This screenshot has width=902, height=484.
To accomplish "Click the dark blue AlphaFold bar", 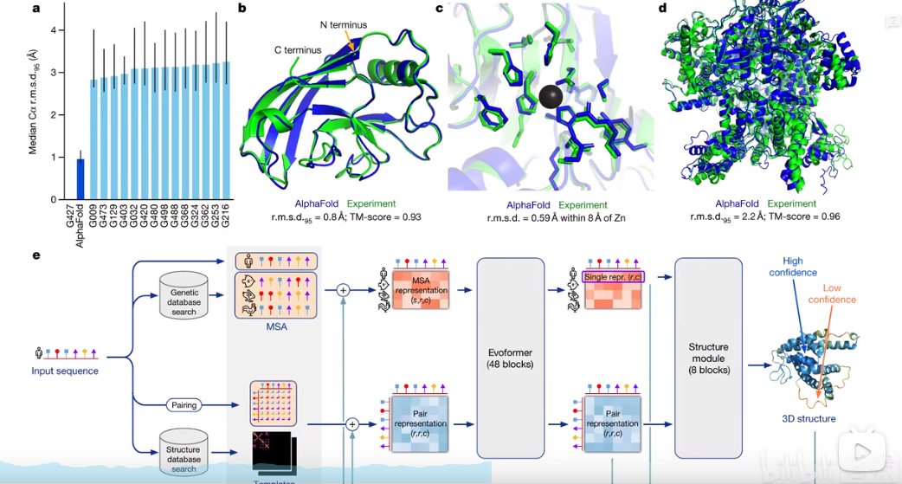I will [x=81, y=178].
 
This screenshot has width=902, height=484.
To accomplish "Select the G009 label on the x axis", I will [x=93, y=216].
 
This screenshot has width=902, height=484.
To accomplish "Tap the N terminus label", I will [x=344, y=25].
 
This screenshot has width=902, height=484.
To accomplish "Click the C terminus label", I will [x=300, y=50].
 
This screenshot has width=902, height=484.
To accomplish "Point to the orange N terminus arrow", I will [x=350, y=40].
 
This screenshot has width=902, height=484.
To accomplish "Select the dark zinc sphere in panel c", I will [x=548, y=96].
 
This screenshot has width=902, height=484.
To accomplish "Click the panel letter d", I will [x=662, y=9].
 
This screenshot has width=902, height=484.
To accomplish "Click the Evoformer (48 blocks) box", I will [x=508, y=358].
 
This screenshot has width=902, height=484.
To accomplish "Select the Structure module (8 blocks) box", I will [x=708, y=358].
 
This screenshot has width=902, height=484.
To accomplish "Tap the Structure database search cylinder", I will [x=184, y=452].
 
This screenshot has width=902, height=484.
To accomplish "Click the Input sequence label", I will [x=65, y=371].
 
